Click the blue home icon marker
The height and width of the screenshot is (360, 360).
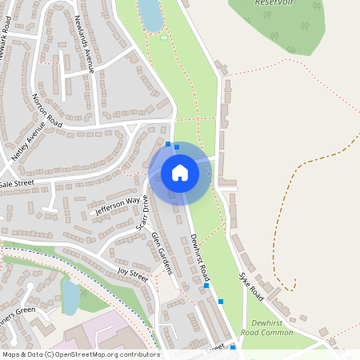click(x=180, y=173)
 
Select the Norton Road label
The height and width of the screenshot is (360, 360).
click(x=47, y=110)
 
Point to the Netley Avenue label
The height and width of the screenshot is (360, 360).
click(x=25, y=143)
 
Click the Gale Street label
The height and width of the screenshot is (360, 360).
click(x=18, y=183)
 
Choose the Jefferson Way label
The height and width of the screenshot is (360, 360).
click(x=118, y=206)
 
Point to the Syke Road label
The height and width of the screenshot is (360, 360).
click(x=251, y=285)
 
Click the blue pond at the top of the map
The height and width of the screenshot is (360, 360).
click(x=150, y=14)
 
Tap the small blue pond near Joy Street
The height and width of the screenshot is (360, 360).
click(x=70, y=297)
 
